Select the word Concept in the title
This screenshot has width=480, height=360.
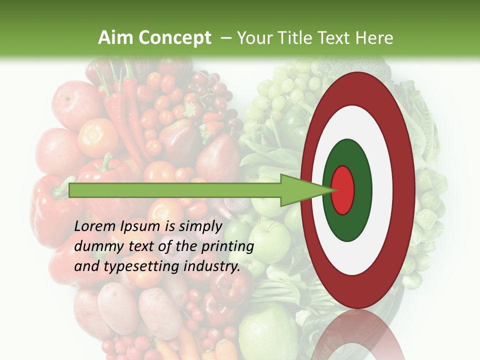click(175, 38)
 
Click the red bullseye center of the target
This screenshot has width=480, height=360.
click(342, 190)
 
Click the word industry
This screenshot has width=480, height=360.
click(212, 266)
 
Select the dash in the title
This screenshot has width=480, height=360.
click(225, 38)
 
